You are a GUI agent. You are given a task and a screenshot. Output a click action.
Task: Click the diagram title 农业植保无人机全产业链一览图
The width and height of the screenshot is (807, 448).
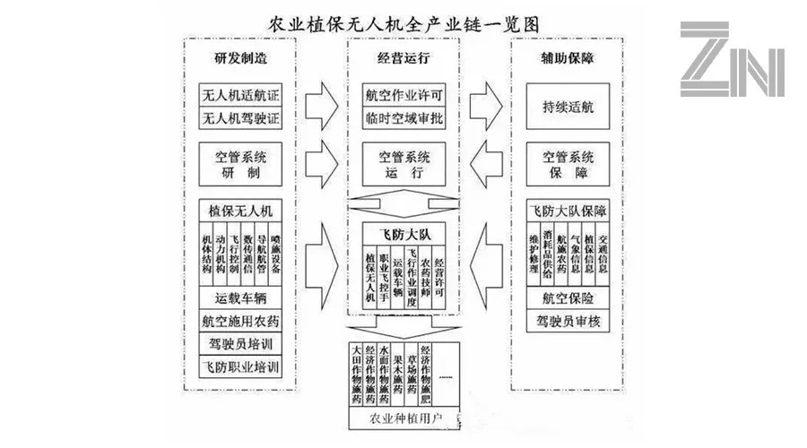click(404, 22)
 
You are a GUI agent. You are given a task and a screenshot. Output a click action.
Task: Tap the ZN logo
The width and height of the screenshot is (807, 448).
click(732, 60)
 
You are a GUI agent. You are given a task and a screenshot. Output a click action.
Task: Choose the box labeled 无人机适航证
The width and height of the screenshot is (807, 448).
click(239, 93)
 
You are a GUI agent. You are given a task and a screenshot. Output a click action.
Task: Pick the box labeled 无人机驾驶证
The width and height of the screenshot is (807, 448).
click(239, 116)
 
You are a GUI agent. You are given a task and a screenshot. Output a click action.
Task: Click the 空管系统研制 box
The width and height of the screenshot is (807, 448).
click(239, 164)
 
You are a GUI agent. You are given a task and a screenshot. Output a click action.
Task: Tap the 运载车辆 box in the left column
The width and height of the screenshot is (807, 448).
click(239, 297)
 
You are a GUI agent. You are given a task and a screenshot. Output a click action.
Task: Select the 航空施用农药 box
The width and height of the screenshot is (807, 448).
click(239, 320)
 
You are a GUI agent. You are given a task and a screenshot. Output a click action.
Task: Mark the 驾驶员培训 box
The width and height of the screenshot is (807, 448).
click(239, 343)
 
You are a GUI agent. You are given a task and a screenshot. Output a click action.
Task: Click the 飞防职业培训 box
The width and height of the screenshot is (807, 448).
click(239, 366)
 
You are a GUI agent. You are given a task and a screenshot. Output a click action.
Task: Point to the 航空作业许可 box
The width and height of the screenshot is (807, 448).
click(403, 95)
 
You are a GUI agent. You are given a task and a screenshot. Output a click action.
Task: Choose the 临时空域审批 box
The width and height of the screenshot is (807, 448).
click(403, 118)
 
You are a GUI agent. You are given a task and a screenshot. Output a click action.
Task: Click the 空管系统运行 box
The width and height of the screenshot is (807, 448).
click(403, 164)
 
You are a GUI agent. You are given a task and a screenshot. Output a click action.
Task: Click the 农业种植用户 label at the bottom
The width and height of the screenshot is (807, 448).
click(403, 418)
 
